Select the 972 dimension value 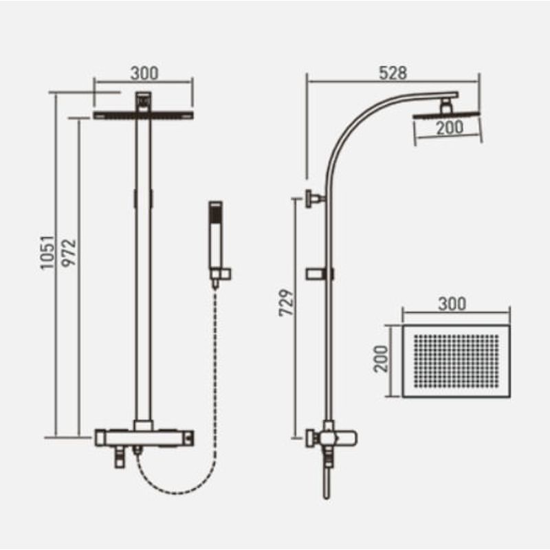pyautogui.click(x=69, y=253)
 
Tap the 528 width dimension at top pyautogui.click(x=393, y=73)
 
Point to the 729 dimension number pyautogui.click(x=286, y=302)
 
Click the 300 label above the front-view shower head pyautogui.click(x=144, y=74)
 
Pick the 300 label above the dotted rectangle pyautogui.click(x=452, y=304)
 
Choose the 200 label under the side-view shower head pyautogui.click(x=450, y=128)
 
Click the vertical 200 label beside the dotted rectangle pyautogui.click(x=382, y=358)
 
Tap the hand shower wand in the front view pyautogui.click(x=216, y=242)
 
